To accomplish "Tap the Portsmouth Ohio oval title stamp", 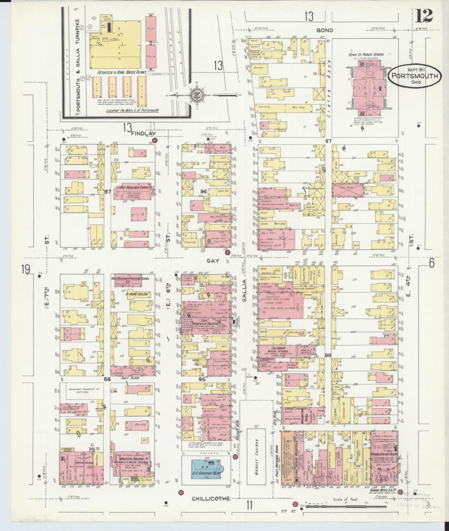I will [415, 76].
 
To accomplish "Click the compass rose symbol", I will [199, 94].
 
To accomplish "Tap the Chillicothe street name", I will [211, 498].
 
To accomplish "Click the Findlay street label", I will [143, 133].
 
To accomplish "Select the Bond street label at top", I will [325, 30].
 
